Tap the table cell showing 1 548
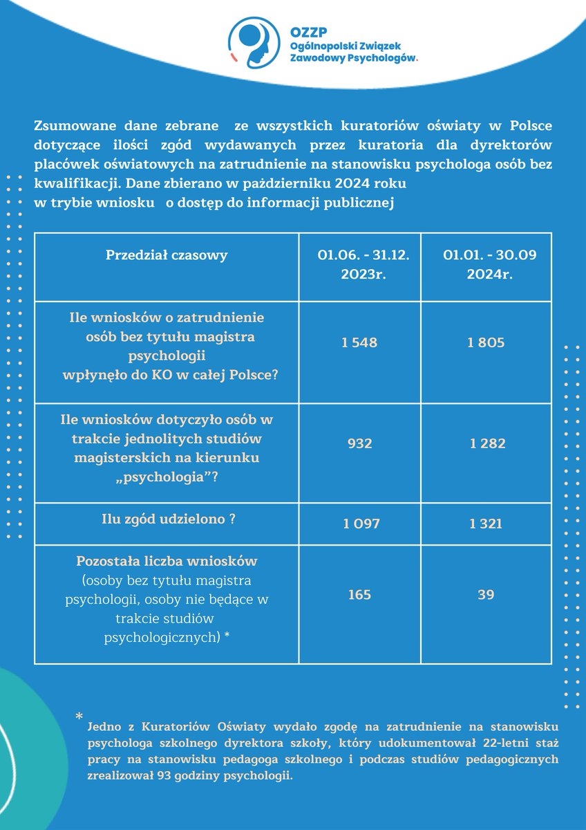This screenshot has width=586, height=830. tap(359, 342)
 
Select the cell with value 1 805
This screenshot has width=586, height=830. tap(486, 342)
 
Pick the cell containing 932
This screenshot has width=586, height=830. tap(359, 443)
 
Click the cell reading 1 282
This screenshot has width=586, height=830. tap(486, 443)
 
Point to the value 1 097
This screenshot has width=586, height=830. tap(361, 524)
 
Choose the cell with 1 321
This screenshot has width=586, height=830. tap(486, 524)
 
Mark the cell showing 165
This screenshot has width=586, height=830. tap(359, 594)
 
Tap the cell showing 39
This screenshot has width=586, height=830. tap(486, 594)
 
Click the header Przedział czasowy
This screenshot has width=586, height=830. tap(167, 255)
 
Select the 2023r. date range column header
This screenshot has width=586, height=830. tap(359, 264)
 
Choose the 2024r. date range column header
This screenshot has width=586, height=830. tap(486, 264)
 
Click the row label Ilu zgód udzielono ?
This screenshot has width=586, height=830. tap(167, 519)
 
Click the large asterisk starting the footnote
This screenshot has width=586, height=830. tap(79, 717)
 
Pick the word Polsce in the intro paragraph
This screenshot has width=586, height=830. tap(530, 127)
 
